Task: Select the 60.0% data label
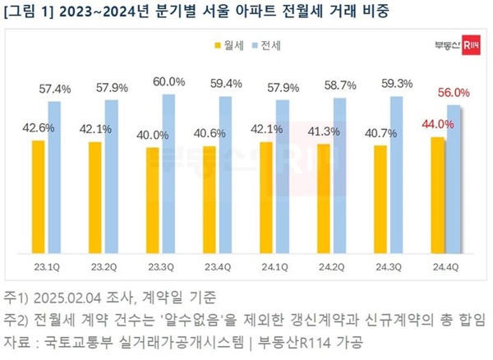point(169,81)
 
